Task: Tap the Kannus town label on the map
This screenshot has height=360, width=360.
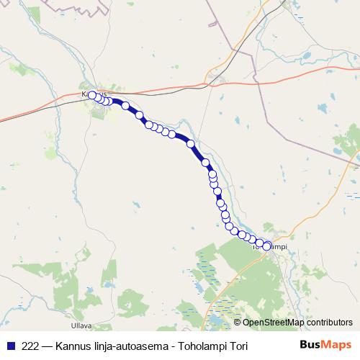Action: pos(95,94)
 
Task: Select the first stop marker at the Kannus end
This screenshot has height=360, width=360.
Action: pos(92,95)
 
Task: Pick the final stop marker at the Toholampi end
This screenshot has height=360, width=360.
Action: pos(266,246)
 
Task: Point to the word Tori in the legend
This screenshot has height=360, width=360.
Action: pos(238,346)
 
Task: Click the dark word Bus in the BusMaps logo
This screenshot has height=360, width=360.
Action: pos(310,345)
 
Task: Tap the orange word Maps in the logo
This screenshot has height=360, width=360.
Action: pos(337,345)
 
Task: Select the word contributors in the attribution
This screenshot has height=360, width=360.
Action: pos(329,323)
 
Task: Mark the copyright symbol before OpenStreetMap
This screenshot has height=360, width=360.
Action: pos(237,323)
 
